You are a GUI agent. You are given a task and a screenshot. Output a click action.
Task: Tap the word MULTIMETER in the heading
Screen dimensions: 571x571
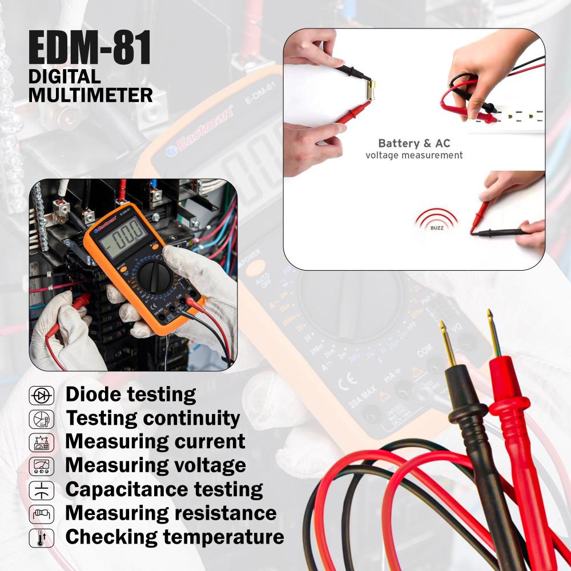click(91, 95)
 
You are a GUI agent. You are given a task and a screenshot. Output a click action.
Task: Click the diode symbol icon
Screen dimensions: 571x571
click(41, 395)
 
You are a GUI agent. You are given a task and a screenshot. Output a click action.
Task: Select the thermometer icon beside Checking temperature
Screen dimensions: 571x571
click(41, 537)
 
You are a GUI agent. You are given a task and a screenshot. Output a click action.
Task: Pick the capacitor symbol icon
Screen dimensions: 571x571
click(41, 490)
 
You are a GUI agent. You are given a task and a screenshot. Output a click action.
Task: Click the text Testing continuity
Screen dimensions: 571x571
click(152, 418)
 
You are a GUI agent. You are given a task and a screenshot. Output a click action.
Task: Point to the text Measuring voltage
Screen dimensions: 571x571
click(155, 465)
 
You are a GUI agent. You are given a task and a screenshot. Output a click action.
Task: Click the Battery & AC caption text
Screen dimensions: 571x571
click(414, 143)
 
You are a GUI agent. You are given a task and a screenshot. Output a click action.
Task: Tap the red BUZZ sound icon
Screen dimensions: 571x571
click(436, 220)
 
